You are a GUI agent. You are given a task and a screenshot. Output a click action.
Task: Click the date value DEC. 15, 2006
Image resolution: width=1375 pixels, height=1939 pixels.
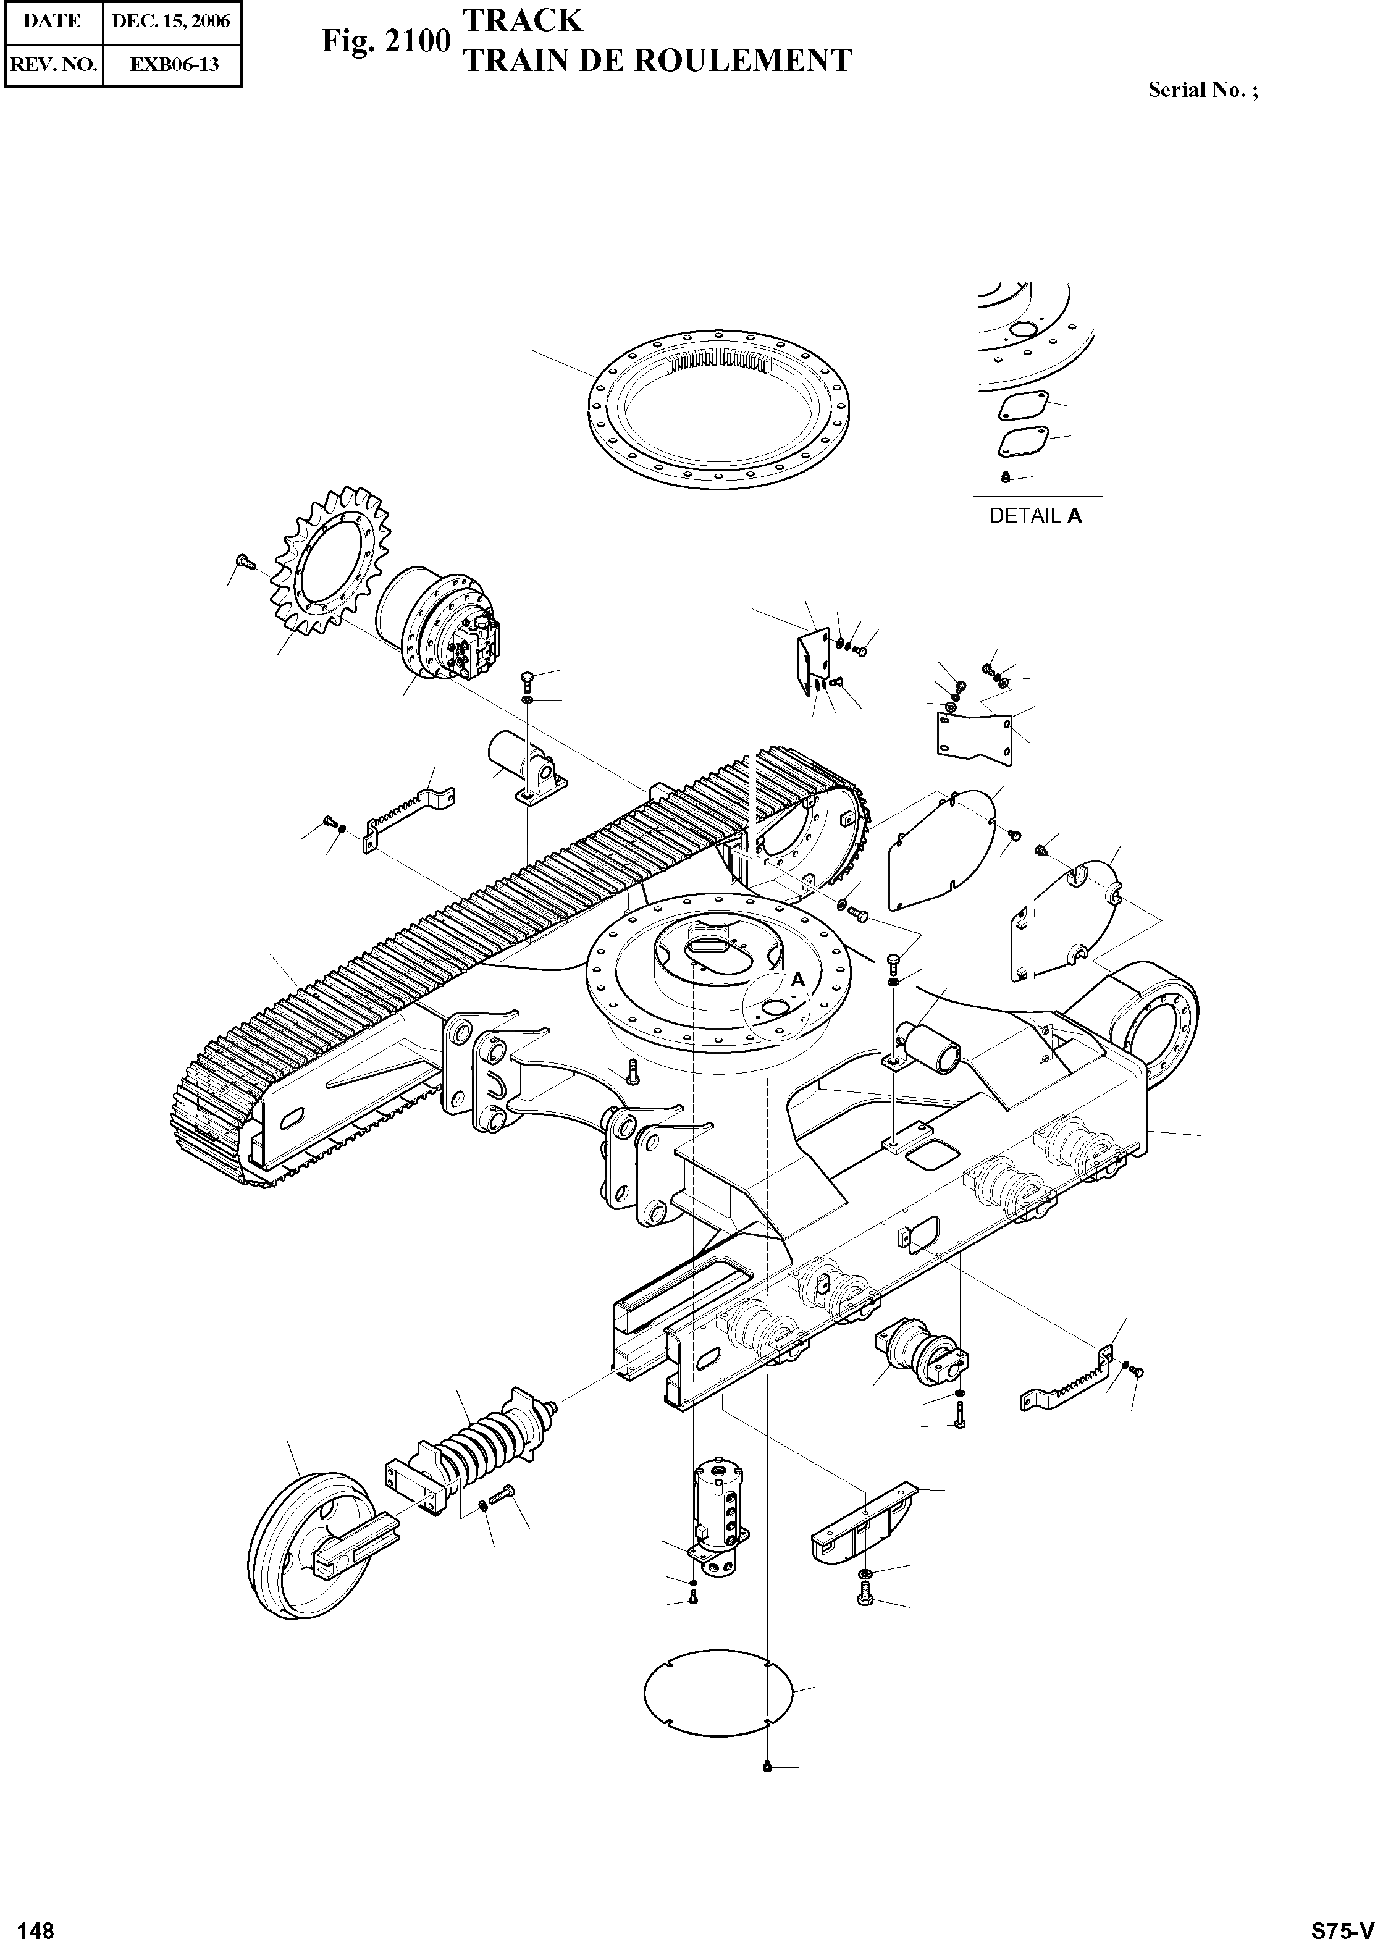pyautogui.click(x=171, y=21)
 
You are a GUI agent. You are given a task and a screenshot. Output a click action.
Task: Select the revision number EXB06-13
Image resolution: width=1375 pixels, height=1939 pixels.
pyautogui.click(x=174, y=64)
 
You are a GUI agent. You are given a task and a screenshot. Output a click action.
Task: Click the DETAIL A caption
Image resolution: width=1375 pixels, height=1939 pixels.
pyautogui.click(x=1035, y=516)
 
